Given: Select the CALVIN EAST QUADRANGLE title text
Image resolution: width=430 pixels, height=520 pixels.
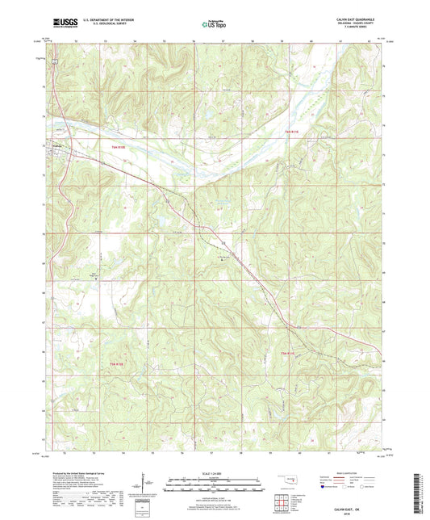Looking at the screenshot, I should coord(353,18).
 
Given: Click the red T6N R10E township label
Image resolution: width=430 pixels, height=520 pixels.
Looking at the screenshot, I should coord(118,146).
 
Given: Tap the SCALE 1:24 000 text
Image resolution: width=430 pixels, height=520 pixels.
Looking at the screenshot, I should coord(215,473).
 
